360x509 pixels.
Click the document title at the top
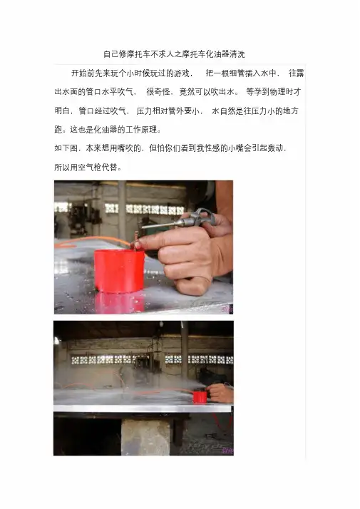click(174, 54)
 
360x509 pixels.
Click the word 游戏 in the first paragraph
click(182, 73)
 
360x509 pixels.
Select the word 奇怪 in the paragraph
click(163, 92)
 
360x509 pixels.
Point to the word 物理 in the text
click(277, 92)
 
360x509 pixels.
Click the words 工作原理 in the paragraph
click(141, 130)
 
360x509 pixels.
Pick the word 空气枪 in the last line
click(98, 168)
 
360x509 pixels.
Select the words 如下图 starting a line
click(66, 149)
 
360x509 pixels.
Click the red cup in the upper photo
click(119, 271)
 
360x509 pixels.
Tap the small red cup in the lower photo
click(200, 397)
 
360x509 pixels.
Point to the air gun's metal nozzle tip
click(143, 227)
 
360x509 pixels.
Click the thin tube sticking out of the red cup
click(135, 240)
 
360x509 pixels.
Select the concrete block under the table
click(145, 437)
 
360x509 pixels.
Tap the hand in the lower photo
click(220, 393)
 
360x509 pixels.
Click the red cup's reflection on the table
click(120, 302)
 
